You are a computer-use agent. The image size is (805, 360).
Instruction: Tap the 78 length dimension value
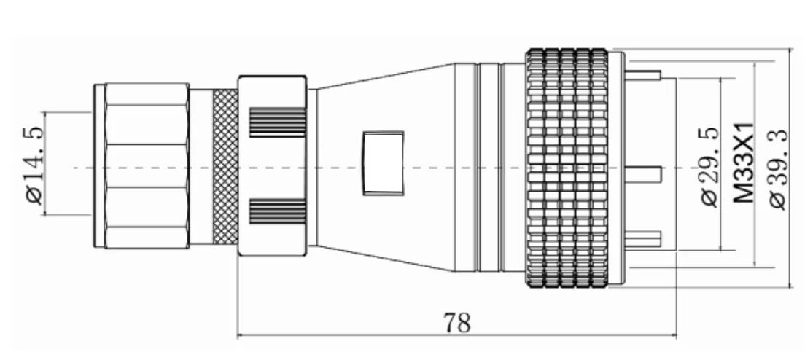tap(457, 323)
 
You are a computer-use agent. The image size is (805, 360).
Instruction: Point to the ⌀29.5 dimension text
tap(709, 166)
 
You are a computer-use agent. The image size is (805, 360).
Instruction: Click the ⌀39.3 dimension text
tap(779, 169)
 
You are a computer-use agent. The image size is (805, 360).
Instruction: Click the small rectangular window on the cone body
tap(383, 163)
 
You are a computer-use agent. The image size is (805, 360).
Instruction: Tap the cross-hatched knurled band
tap(225, 166)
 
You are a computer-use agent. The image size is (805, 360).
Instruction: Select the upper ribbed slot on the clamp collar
tap(277, 122)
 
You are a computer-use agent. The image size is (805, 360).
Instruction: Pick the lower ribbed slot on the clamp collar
tap(277, 211)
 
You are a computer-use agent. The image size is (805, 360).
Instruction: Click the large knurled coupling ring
tap(567, 168)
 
